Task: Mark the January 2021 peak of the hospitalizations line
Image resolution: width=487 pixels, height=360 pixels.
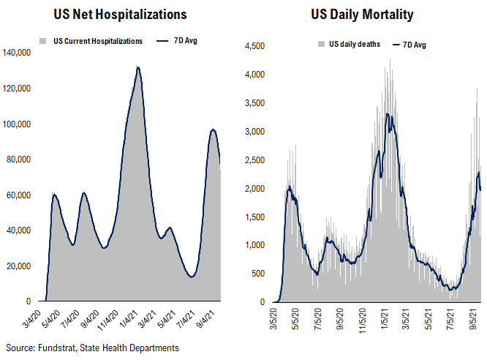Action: point(137,67)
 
